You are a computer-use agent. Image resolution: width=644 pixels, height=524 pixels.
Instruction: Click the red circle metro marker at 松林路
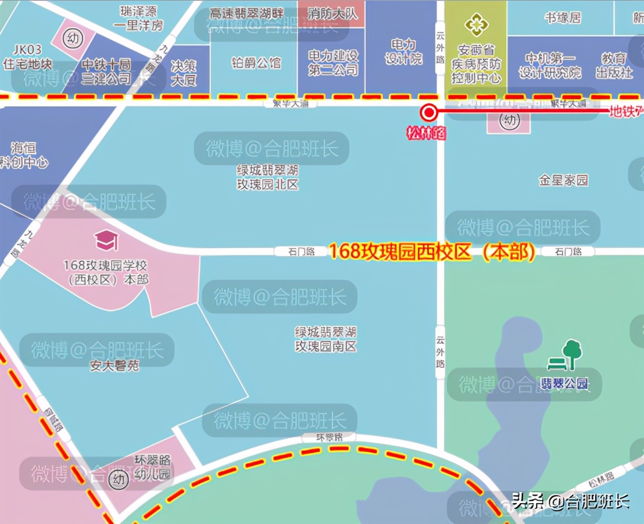click(430, 113)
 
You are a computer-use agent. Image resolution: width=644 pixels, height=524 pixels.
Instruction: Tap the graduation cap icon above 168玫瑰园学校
click(106, 240)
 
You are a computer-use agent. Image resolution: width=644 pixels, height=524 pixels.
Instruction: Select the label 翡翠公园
click(565, 383)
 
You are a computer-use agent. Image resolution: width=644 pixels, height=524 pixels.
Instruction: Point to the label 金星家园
click(563, 180)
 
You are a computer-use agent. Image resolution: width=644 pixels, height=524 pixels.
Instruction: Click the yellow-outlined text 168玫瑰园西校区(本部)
click(432, 252)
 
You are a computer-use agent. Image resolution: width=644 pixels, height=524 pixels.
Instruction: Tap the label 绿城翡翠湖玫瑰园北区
click(267, 178)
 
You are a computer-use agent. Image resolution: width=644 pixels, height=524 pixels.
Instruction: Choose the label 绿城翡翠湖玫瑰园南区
click(325, 339)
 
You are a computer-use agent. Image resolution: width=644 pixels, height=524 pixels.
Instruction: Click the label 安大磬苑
click(115, 366)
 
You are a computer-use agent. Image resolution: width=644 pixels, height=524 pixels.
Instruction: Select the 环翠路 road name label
click(322, 437)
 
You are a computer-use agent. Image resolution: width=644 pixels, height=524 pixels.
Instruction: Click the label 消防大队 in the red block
click(332, 13)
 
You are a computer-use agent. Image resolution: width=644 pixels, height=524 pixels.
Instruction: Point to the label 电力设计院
click(403, 52)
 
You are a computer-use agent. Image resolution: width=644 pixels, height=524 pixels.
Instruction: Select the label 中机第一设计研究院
click(550, 65)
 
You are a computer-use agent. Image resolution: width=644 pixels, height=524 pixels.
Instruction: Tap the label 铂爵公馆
click(256, 62)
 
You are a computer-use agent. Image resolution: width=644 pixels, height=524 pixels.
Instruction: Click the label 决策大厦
click(184, 73)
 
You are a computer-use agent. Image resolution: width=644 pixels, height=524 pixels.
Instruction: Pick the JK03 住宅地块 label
click(28, 57)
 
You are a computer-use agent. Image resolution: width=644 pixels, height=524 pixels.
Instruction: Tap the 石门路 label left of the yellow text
click(302, 252)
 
